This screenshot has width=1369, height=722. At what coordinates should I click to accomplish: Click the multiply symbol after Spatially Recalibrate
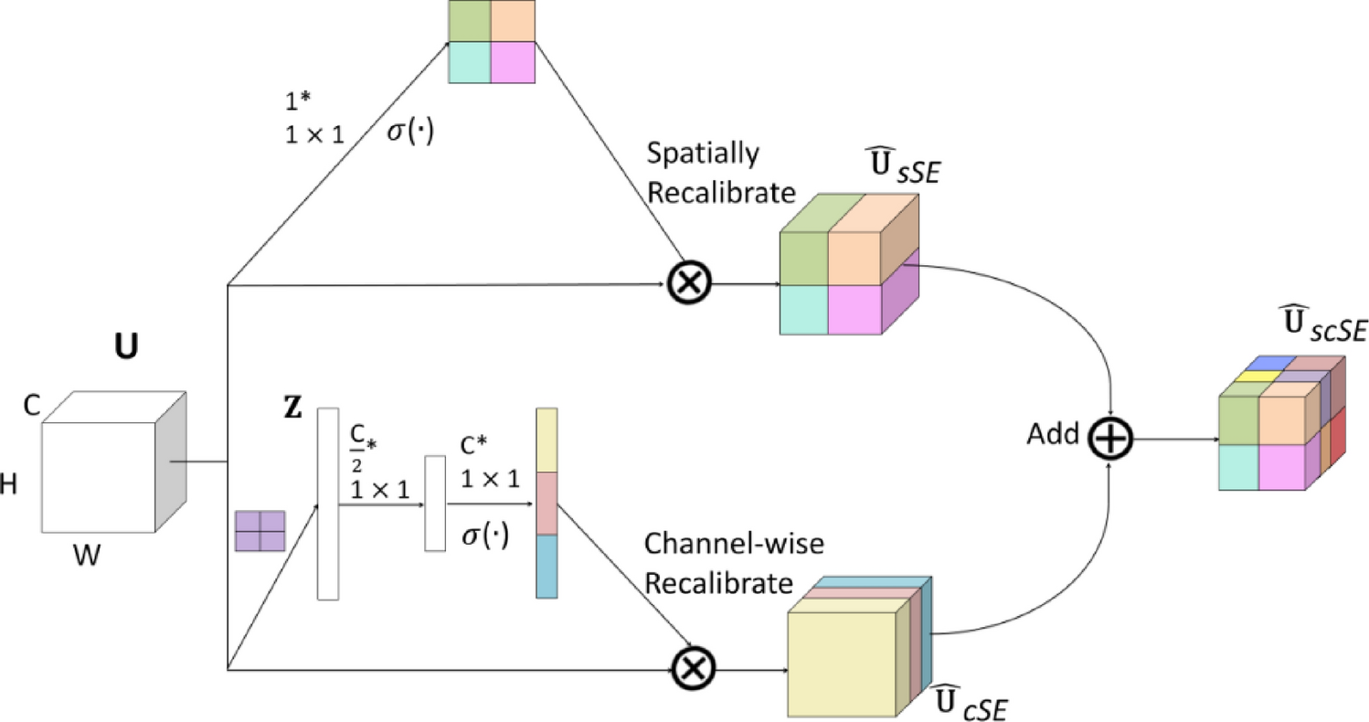pos(686,283)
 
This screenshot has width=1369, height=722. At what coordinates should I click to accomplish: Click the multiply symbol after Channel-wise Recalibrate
pos(692,670)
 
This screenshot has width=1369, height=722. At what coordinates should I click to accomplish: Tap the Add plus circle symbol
pos(1110,438)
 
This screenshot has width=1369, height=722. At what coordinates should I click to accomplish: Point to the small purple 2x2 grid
pos(260,530)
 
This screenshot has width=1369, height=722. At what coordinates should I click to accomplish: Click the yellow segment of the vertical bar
pos(546,441)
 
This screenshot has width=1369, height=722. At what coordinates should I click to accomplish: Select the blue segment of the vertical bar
pos(546,567)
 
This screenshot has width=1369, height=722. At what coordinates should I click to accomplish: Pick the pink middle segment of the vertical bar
pos(546,503)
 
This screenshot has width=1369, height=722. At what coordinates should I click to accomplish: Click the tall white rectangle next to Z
pos(328,504)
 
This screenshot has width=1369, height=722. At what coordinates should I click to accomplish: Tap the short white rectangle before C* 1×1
pos(435,502)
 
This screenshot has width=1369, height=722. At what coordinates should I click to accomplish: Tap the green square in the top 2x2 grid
pos(470,22)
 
